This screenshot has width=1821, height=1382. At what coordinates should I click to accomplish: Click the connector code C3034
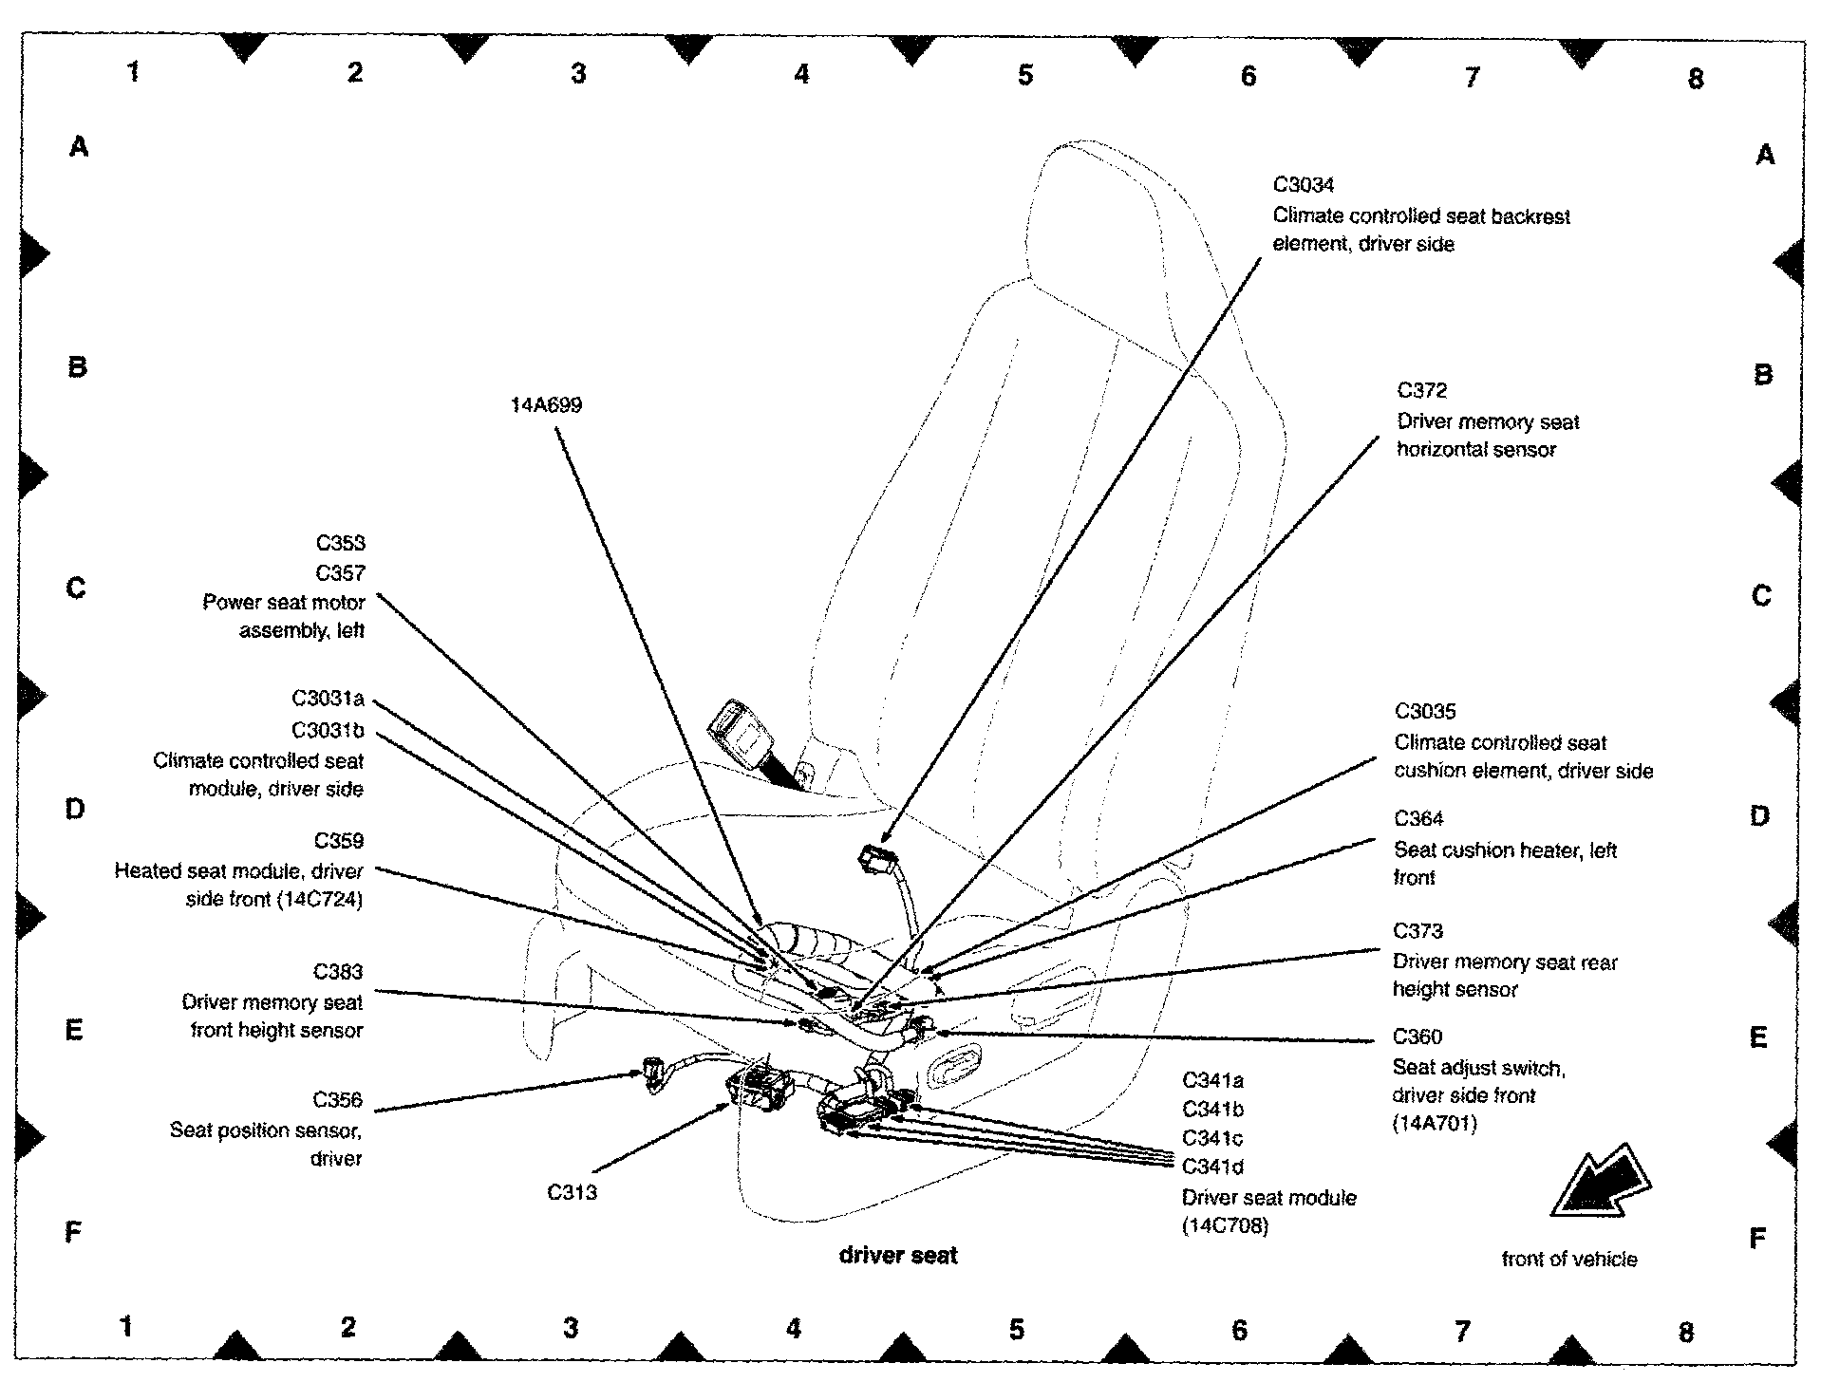tap(1304, 185)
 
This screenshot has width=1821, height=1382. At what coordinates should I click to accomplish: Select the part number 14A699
tap(546, 405)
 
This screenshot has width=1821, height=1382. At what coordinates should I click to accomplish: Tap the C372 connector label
tap(1421, 391)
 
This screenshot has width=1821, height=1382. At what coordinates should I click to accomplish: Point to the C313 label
tap(572, 1192)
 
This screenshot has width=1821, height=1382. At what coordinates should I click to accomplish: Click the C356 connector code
tap(337, 1100)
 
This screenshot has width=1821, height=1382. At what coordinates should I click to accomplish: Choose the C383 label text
tap(338, 972)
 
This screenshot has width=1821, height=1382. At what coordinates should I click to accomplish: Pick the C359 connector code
tap(339, 841)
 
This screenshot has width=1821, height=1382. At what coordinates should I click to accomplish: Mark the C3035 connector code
tap(1424, 712)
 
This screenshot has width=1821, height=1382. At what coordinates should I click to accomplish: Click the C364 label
tap(1418, 819)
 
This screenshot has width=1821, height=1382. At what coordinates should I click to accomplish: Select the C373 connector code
tap(1417, 931)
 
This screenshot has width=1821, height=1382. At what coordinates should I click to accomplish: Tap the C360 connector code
tap(1417, 1037)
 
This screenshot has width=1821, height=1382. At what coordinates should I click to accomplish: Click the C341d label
tap(1212, 1167)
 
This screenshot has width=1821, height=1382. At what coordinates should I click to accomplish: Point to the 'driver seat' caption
tap(898, 1256)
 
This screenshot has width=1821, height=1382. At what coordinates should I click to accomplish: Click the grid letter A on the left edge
tap(79, 147)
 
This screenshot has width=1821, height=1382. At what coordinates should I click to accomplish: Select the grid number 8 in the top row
tap(1696, 79)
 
